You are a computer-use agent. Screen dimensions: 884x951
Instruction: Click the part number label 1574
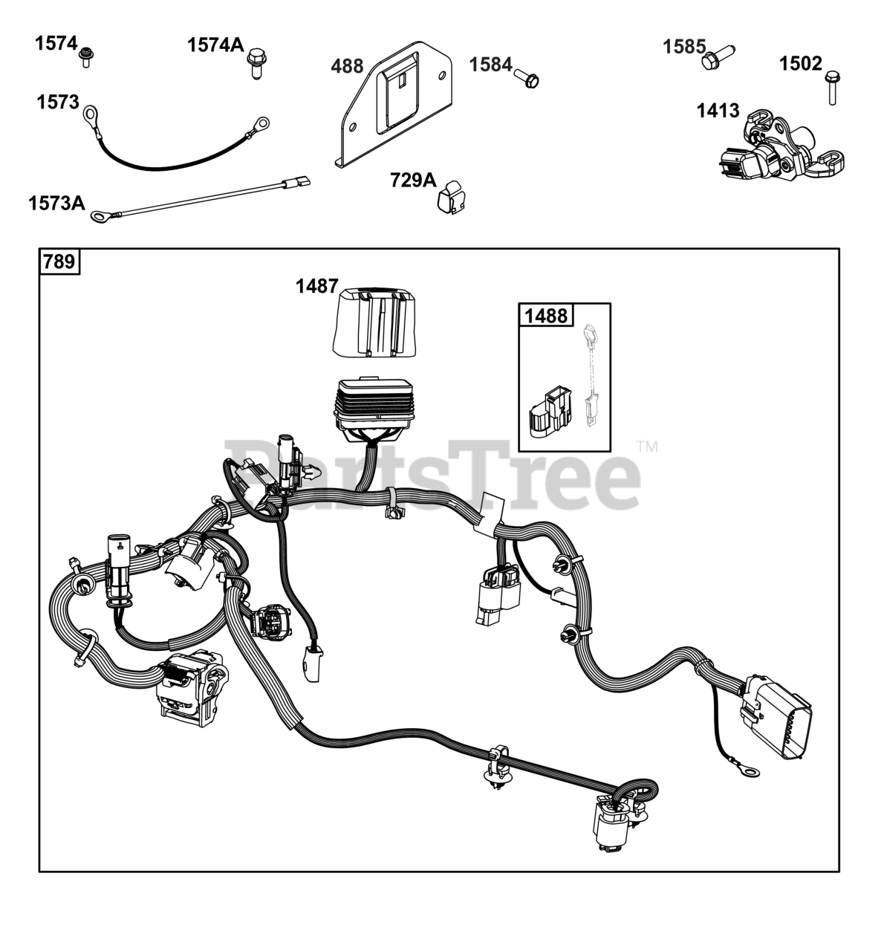point(56,43)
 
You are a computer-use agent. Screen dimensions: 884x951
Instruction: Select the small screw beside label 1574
point(86,56)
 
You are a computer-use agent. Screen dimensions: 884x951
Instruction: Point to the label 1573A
point(56,201)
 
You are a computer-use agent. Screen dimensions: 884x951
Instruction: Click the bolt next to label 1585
point(716,57)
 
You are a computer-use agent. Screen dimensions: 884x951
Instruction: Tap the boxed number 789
point(59,262)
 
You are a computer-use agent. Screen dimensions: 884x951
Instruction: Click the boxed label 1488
point(545,316)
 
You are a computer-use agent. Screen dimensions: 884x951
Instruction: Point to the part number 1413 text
point(718,111)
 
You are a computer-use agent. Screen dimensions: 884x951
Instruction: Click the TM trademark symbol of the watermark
point(647,447)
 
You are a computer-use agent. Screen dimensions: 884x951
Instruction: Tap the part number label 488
point(347,66)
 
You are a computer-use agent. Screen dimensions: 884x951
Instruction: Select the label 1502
point(800,64)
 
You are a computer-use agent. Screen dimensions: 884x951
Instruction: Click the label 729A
point(413,180)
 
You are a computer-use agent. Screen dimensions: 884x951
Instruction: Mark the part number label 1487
point(317,286)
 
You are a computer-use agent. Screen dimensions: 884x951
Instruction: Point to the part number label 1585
point(684,47)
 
